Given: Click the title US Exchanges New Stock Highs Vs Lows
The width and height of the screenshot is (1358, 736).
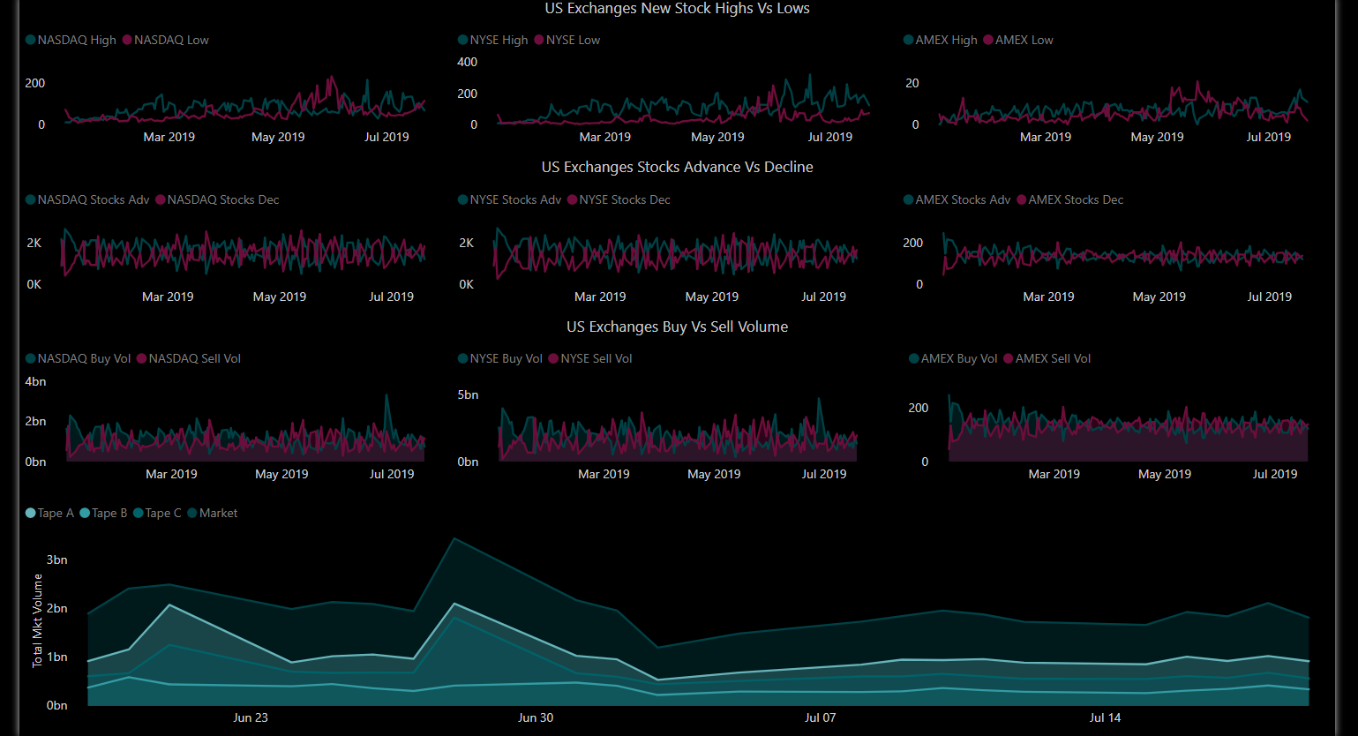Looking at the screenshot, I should coord(677,9).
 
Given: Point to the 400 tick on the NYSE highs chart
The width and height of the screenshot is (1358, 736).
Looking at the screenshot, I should coord(468,63).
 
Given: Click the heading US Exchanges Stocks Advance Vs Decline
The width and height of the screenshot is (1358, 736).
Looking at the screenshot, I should coord(677,168).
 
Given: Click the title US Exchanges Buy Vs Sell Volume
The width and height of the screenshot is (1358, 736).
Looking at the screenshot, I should coord(677,327).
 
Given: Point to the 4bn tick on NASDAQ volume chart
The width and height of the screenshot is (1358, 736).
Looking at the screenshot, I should coord(35,382).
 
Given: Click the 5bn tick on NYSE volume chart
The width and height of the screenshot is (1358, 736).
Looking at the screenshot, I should coord(468,395).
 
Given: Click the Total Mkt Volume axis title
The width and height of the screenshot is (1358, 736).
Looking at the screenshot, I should coord(37,620).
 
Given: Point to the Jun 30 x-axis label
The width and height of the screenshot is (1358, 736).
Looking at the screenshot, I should coord(536,717).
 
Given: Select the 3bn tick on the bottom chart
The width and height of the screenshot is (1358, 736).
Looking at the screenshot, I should coord(57,560).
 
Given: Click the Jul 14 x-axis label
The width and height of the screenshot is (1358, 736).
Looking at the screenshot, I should coord(1105,717).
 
